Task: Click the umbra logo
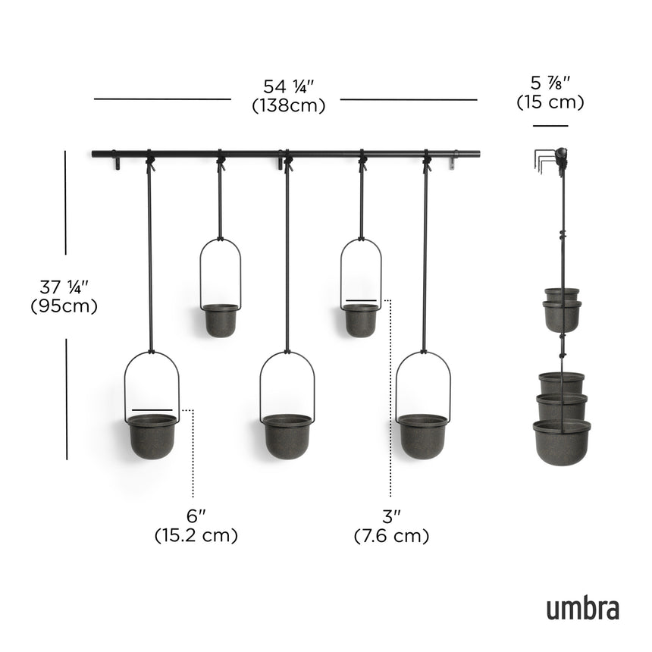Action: pos(582,607)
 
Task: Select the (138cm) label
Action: pos(288,105)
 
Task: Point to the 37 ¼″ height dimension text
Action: pos(65,287)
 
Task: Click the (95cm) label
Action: pos(64,306)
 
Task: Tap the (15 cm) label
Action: pos(550,102)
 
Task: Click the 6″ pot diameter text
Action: pos(196,516)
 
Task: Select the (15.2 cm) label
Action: pos(196,535)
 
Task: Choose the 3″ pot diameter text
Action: pos(391,516)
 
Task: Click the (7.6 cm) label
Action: pos(391,535)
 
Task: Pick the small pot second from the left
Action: pos(221,319)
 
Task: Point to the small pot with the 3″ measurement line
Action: pos(361,319)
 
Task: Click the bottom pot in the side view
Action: pos(562,441)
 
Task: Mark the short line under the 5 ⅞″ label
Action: pos(550,126)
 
